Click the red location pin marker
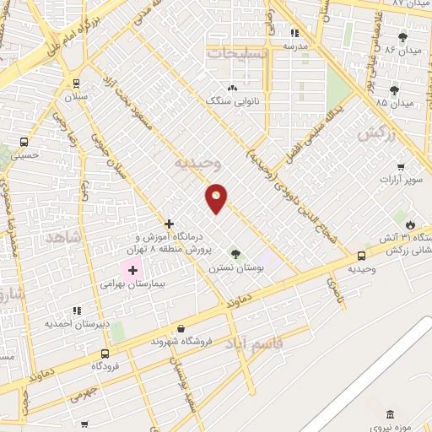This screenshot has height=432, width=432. click(217, 197)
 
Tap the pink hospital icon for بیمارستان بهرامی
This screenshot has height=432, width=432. click(132, 271)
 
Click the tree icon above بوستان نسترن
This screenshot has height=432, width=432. click(235, 254)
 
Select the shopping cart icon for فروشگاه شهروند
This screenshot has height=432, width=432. click(180, 328)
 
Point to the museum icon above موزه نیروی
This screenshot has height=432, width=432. click(389, 414)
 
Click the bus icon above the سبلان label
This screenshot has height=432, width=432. click(77, 84)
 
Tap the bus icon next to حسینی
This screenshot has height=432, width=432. click(24, 142)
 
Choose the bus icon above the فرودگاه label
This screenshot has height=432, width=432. click(105, 354)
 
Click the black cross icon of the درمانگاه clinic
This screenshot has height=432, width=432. click(170, 224)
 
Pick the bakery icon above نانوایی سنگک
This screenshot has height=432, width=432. click(232, 87)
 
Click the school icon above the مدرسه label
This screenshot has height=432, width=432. click(294, 34)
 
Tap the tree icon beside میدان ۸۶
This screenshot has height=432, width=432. click(402, 37)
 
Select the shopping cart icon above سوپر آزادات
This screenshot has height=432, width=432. click(401, 167)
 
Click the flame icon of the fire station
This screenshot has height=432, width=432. click(411, 224)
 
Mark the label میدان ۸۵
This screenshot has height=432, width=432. click(396, 103)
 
